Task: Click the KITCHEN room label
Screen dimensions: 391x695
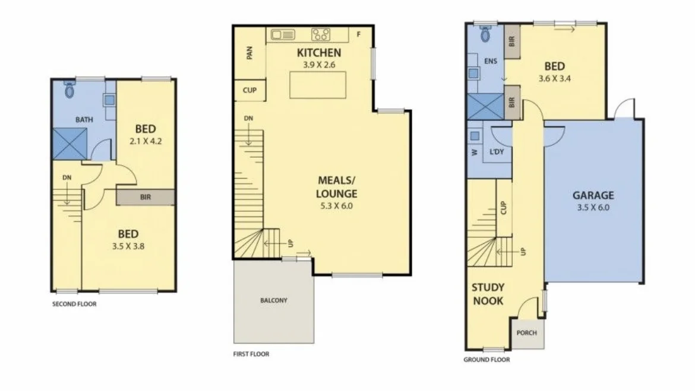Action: [x=319, y=53]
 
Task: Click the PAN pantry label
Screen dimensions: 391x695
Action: [x=250, y=53]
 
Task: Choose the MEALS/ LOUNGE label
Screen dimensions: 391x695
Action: [x=337, y=187]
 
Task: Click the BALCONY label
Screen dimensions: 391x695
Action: [x=273, y=300]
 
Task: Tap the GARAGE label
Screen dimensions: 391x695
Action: [x=593, y=195]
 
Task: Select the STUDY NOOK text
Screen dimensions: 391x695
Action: [x=487, y=294]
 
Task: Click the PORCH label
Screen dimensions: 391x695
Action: [x=526, y=333]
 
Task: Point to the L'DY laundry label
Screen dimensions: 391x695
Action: [x=497, y=152]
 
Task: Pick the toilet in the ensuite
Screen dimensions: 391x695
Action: [x=485, y=34]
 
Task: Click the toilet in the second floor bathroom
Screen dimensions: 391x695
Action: [x=69, y=90]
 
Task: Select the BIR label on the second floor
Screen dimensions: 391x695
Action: [x=145, y=197]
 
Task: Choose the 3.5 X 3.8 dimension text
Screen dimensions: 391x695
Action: [x=128, y=245]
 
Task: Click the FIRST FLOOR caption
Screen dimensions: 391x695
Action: [x=251, y=354]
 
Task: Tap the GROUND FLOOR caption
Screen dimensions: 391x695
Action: [x=486, y=360]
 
